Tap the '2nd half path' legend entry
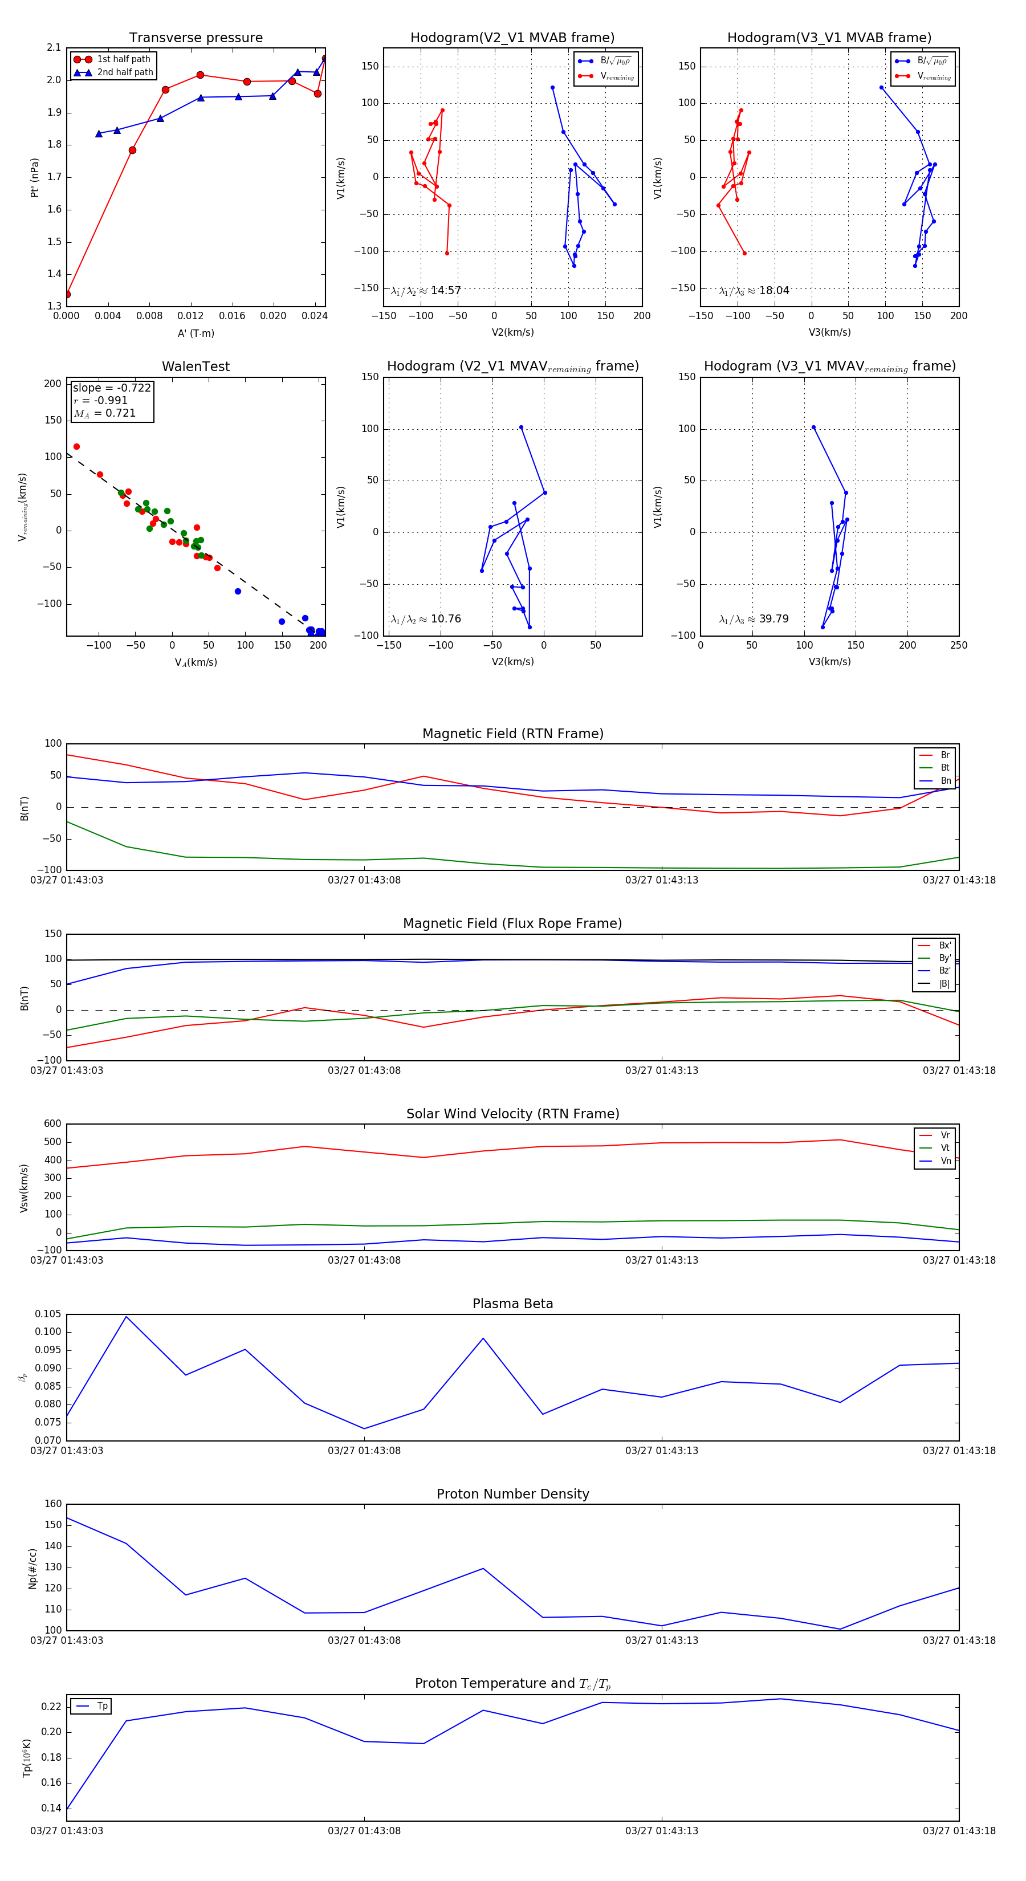pos(125,72)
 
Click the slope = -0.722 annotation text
pos(112,388)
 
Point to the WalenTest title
pos(196,367)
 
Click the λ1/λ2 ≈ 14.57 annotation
pos(426,291)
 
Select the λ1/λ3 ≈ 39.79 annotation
pos(754,619)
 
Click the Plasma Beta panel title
pos(512,1304)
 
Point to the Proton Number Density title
pos(512,1494)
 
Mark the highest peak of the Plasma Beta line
pos(127,1317)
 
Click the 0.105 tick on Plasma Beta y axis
pos(47,1314)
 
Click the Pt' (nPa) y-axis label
pos(34,177)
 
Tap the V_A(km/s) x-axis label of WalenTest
pos(196,662)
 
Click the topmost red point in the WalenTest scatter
pos(77,447)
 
